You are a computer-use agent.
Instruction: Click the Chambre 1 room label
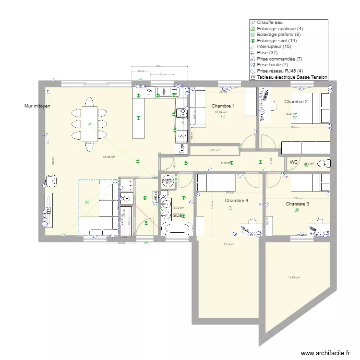(x=223, y=106)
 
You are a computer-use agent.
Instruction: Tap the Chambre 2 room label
(x=296, y=102)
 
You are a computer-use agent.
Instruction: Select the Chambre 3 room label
(x=298, y=204)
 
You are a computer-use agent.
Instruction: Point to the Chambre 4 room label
(x=236, y=201)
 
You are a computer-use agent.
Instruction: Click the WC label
(x=294, y=163)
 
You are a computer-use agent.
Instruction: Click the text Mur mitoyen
(x=38, y=106)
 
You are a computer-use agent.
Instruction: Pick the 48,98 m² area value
(x=109, y=157)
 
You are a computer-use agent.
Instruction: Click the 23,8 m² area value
(x=228, y=244)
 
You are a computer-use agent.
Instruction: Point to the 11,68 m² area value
(x=294, y=277)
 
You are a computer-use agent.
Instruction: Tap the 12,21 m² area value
(x=291, y=114)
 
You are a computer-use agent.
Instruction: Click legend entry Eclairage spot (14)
(x=276, y=41)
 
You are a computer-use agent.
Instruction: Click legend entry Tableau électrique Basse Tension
(x=292, y=77)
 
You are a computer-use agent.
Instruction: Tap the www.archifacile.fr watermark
(x=325, y=353)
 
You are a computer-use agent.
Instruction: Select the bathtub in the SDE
(x=177, y=228)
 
